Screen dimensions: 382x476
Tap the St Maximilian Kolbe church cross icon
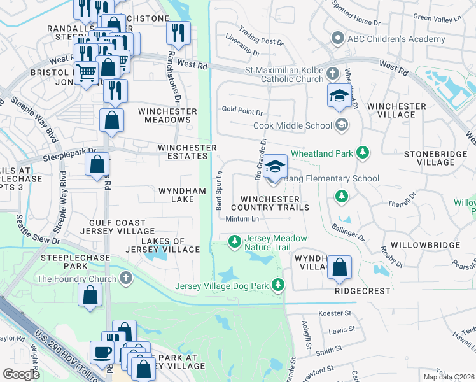point(332,74)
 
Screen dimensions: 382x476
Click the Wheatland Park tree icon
point(363,153)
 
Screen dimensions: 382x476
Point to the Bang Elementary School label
point(331,179)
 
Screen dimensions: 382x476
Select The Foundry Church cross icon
point(126,279)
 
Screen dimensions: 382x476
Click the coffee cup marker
point(101,353)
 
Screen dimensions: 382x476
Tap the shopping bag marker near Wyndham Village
point(340,268)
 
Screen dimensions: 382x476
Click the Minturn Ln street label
point(241,219)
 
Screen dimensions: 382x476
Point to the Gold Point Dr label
point(238,109)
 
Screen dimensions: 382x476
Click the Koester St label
point(335,313)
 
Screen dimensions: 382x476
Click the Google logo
point(21,374)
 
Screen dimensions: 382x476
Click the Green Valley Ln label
point(437,18)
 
